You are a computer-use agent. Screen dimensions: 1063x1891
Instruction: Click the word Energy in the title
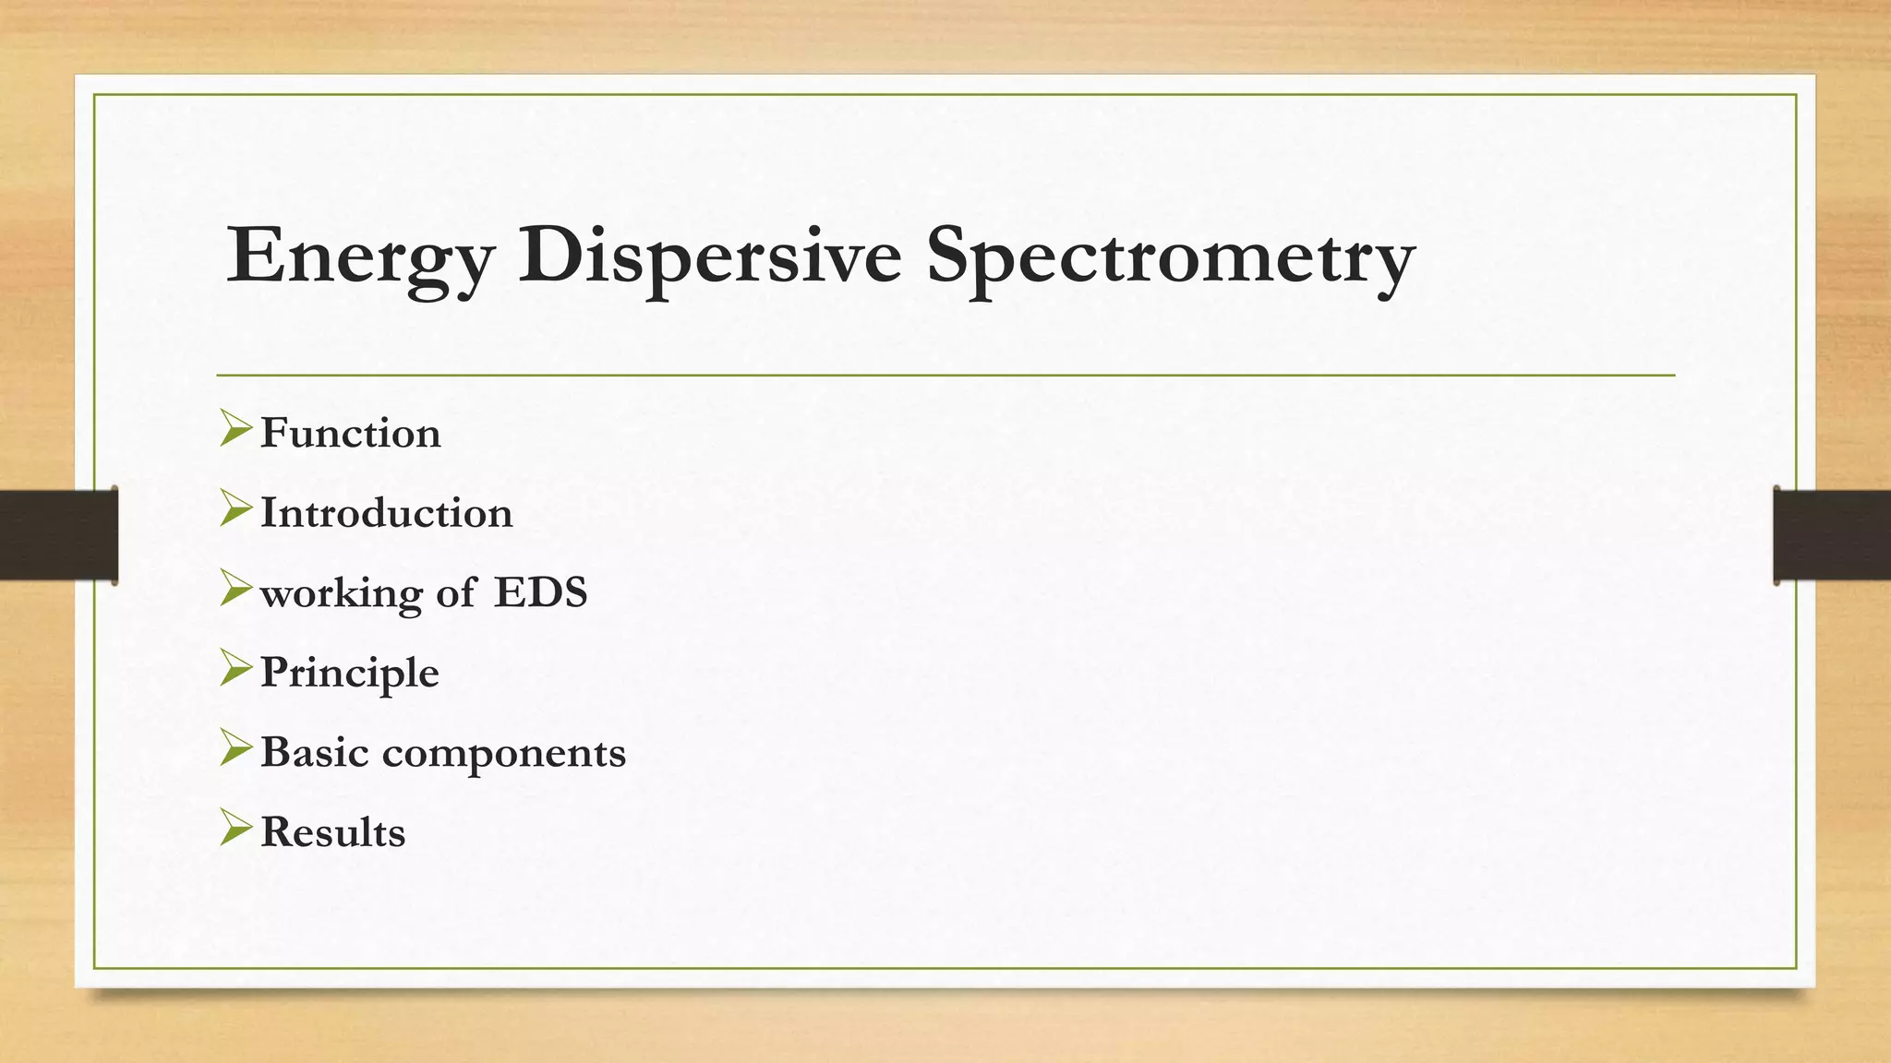point(360,257)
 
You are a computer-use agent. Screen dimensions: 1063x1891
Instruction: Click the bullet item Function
point(350,434)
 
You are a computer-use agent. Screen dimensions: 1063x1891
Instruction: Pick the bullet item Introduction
point(386,513)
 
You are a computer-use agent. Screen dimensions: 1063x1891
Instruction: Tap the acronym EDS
point(540,592)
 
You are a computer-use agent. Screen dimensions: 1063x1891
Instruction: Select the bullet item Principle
point(349,673)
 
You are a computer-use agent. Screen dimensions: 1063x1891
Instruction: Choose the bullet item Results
point(332,832)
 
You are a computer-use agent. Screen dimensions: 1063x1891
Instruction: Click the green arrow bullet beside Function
point(235,429)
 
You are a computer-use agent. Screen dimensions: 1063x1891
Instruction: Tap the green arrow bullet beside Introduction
point(235,509)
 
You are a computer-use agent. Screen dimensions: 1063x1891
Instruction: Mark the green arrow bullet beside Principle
point(235,668)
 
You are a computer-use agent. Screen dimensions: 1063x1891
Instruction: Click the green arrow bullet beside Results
point(235,828)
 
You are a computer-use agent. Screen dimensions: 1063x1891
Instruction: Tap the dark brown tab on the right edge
point(1832,535)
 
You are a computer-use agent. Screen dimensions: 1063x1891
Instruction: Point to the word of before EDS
point(456,592)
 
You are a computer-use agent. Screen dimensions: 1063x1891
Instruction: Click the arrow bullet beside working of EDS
point(235,589)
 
